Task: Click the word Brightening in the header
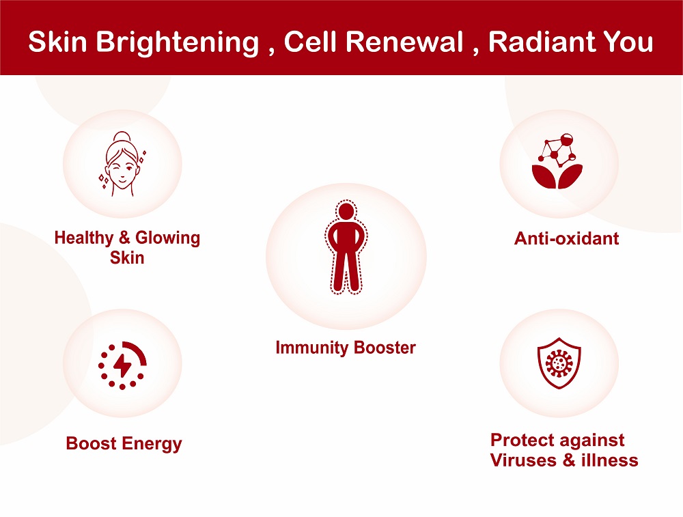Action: (178, 43)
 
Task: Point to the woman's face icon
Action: (122, 164)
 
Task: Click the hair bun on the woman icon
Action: (122, 137)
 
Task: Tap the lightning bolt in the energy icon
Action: (122, 365)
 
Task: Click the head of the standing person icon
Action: (346, 212)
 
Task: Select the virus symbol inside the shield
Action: (559, 363)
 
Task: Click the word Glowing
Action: (168, 238)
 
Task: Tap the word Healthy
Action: (83, 238)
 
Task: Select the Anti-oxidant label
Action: (566, 238)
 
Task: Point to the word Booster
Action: (385, 348)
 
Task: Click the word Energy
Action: (152, 444)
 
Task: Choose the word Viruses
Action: (524, 460)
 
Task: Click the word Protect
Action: (521, 440)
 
